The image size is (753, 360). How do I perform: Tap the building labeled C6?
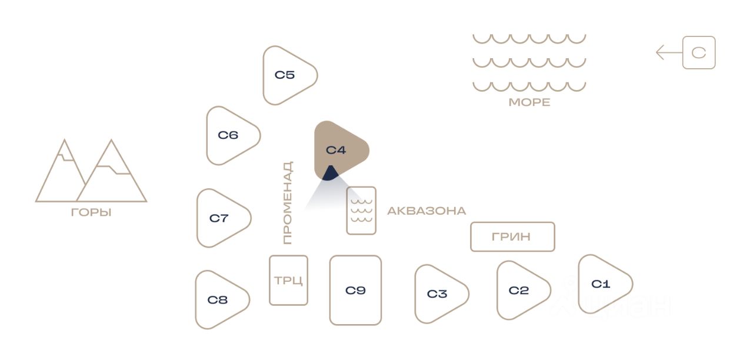tap(229, 135)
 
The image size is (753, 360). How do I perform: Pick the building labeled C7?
tap(220, 218)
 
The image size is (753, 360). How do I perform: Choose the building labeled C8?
tap(219, 300)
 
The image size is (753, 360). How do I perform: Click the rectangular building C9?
tap(355, 290)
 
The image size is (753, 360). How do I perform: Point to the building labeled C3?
tap(438, 294)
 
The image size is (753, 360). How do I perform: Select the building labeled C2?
tap(520, 291)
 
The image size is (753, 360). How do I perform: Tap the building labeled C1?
tap(602, 285)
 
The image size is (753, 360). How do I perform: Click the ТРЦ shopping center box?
tap(288, 280)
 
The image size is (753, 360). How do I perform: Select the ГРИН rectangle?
tap(512, 237)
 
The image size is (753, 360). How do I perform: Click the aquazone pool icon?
tap(361, 211)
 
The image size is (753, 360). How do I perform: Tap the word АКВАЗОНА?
tap(426, 211)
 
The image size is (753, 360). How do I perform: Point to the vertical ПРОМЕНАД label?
tap(287, 203)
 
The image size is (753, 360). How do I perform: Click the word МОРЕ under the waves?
tap(529, 102)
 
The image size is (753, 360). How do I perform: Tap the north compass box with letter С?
tap(699, 53)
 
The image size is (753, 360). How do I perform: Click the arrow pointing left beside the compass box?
tap(668, 53)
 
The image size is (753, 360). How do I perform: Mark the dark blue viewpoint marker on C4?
tap(330, 172)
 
